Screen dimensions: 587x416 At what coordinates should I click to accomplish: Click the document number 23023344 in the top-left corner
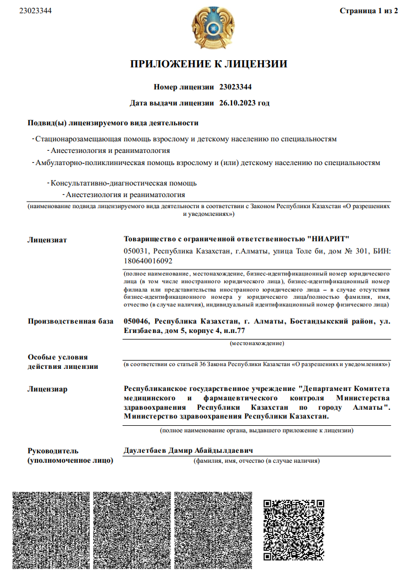(35, 10)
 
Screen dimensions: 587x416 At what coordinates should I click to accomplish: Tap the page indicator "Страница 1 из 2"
(368, 10)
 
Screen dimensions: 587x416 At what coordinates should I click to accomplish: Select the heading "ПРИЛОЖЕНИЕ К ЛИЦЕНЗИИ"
(208, 64)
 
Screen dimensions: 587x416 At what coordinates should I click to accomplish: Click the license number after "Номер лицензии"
(235, 87)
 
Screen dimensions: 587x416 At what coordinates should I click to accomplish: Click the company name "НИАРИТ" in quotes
(328, 239)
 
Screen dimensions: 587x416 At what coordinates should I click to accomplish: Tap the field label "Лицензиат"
(47, 240)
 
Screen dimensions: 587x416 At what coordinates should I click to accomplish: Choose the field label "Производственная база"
(70, 321)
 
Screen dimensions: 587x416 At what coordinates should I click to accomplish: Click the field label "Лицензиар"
(48, 389)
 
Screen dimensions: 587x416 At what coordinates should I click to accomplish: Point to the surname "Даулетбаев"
(145, 451)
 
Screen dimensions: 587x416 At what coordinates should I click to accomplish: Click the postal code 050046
(137, 321)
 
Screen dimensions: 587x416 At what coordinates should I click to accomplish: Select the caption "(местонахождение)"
(257, 343)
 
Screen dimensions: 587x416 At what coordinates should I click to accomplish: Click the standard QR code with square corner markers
(293, 529)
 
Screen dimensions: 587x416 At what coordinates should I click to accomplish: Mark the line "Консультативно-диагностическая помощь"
(123, 183)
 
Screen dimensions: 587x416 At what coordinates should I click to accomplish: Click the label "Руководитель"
(53, 451)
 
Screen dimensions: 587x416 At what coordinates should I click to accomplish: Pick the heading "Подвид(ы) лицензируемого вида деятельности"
(113, 123)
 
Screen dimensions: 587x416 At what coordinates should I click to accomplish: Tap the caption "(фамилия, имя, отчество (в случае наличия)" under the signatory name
(257, 461)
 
